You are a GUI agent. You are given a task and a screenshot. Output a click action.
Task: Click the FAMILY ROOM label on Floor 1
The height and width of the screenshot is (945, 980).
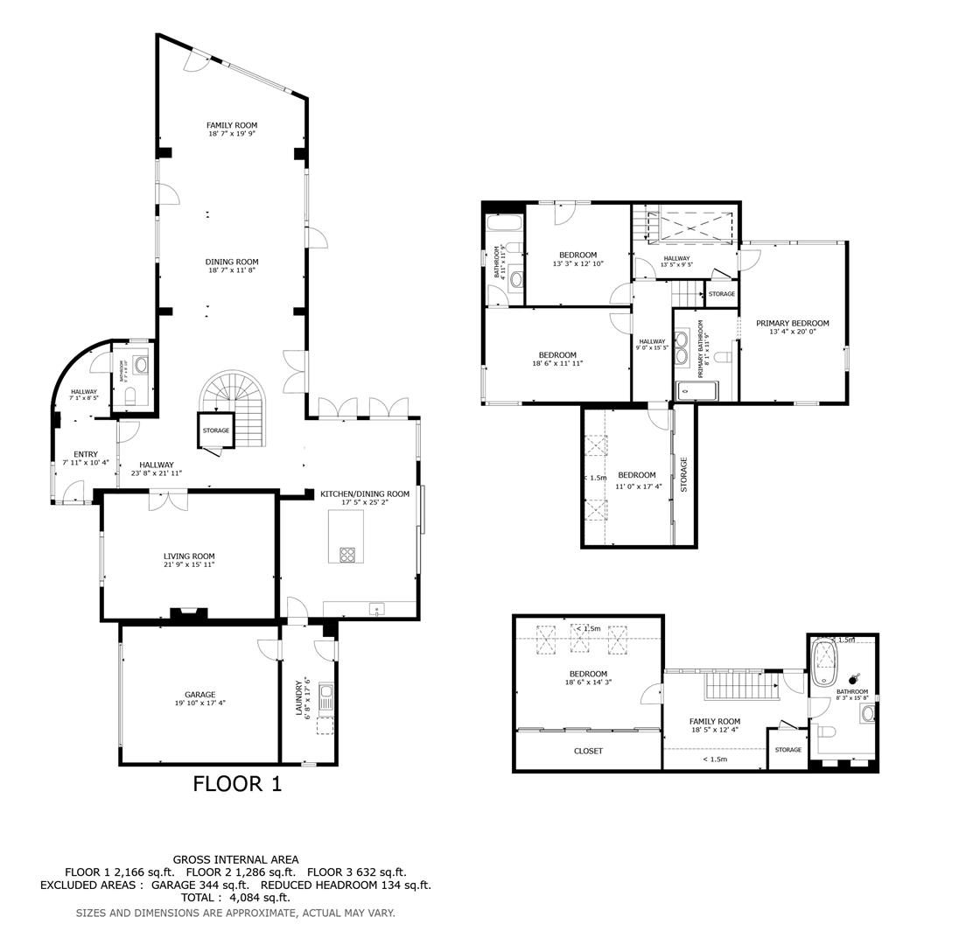pyautogui.click(x=232, y=125)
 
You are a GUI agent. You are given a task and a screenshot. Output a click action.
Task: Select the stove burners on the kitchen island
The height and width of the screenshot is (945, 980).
pyautogui.click(x=346, y=554)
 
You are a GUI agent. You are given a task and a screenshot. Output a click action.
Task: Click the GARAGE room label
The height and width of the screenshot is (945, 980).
pyautogui.click(x=199, y=695)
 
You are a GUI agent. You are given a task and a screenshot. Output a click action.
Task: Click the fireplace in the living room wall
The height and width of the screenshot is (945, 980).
pyautogui.click(x=188, y=614)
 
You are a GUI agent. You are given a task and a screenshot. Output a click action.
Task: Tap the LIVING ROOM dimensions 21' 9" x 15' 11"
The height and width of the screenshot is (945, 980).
pyautogui.click(x=189, y=565)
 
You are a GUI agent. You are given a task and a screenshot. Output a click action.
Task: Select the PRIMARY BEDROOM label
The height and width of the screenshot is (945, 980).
pyautogui.click(x=792, y=323)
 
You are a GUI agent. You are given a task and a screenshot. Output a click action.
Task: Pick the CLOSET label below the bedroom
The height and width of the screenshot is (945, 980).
pyautogui.click(x=588, y=751)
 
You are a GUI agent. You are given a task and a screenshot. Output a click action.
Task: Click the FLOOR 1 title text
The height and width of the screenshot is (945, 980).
pyautogui.click(x=237, y=784)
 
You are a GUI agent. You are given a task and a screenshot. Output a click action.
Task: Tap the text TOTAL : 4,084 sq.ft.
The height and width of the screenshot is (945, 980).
pyautogui.click(x=235, y=897)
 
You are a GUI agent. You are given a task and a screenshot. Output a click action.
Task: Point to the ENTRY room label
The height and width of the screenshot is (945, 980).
pyautogui.click(x=86, y=454)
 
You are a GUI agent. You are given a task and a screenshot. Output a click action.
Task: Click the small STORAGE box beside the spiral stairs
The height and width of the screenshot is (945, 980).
pyautogui.click(x=215, y=430)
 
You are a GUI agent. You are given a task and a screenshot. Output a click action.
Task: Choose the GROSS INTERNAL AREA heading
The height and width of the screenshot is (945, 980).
pyautogui.click(x=235, y=859)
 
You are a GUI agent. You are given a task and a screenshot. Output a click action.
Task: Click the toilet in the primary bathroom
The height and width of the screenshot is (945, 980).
pyautogui.click(x=723, y=356)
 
